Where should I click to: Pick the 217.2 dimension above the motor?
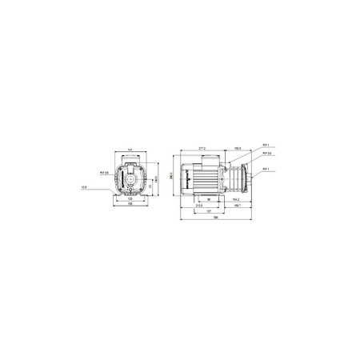pos(202,149)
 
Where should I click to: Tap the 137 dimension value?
pos(206,211)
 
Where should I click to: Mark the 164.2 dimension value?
pos(237,199)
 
